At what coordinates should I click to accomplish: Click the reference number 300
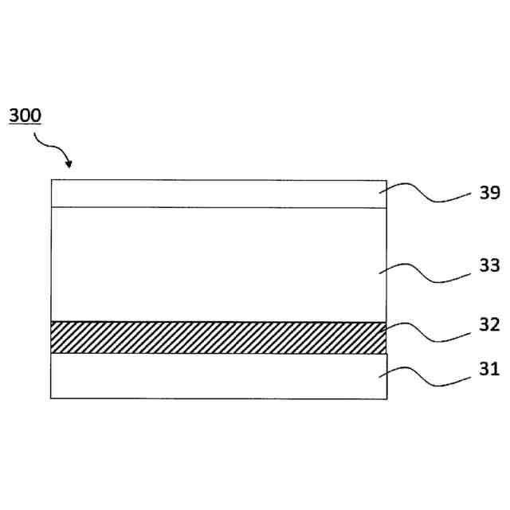coord(25,115)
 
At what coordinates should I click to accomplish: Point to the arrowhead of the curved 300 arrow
coord(69,166)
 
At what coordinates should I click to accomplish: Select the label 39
coord(489,194)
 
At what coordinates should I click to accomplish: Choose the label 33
coord(489,265)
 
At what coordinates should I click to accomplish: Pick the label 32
coord(489,324)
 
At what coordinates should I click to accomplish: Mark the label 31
coord(489,369)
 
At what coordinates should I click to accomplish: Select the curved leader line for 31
coord(426,377)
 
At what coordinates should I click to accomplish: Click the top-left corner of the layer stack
coord(51,180)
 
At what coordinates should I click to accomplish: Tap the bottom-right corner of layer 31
coord(387,398)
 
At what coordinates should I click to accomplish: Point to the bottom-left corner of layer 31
coord(51,398)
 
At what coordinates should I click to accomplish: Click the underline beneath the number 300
coord(25,125)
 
